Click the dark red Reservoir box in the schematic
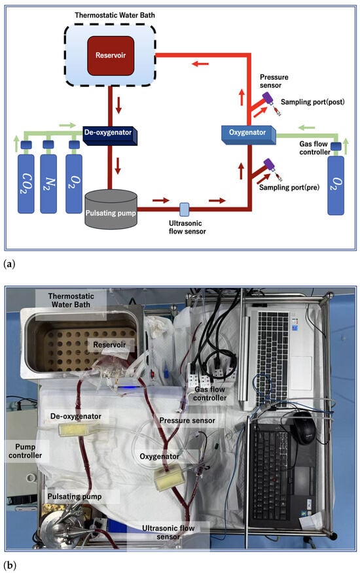coord(111,56)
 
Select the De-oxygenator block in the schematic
coord(110,135)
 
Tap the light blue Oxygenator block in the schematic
coord(249,135)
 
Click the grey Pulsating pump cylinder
coord(111,209)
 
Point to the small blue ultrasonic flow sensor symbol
coord(185,209)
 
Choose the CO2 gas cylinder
coord(26,180)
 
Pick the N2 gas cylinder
coord(48,180)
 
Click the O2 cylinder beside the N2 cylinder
coord(74,180)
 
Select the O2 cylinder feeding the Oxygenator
coord(336,182)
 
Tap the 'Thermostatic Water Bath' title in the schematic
coord(115,15)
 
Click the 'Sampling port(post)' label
coord(312,102)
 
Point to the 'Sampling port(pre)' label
coord(289,188)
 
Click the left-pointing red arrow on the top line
coord(200,64)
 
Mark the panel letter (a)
coord(9,264)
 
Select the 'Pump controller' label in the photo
coord(26,451)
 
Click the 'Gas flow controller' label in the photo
coord(210,394)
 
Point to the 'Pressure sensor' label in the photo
coord(187,421)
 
